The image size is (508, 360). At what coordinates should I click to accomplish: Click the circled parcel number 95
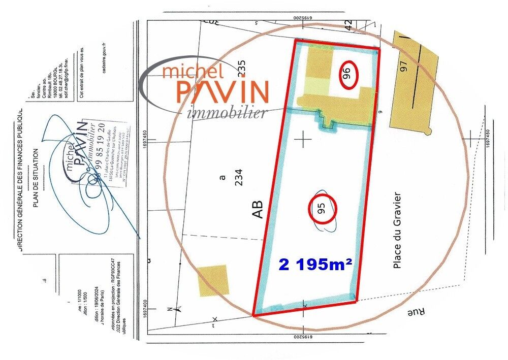(322, 208)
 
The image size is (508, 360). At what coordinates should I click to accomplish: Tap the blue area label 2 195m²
(315, 264)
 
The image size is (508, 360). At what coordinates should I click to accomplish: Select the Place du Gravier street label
(397, 230)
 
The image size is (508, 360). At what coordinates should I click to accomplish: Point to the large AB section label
(258, 209)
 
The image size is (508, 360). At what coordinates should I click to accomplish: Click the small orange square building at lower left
(213, 280)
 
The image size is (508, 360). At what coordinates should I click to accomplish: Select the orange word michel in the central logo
(193, 70)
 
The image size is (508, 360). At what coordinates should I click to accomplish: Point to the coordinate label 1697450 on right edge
(489, 138)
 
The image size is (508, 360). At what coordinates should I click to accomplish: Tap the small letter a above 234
(221, 178)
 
